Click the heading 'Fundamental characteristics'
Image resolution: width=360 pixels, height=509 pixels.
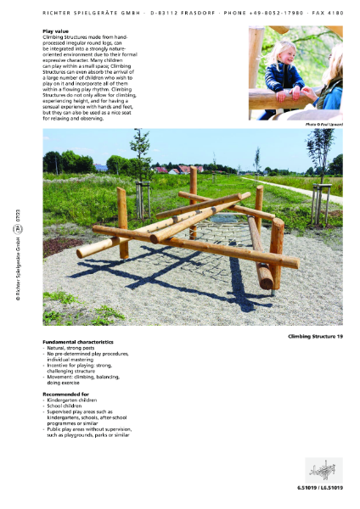[80, 342]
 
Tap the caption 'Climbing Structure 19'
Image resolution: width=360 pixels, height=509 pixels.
[316, 337]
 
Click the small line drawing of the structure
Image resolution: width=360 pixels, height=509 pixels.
[324, 469]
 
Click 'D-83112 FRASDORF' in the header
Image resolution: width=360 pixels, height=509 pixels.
[179, 12]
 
